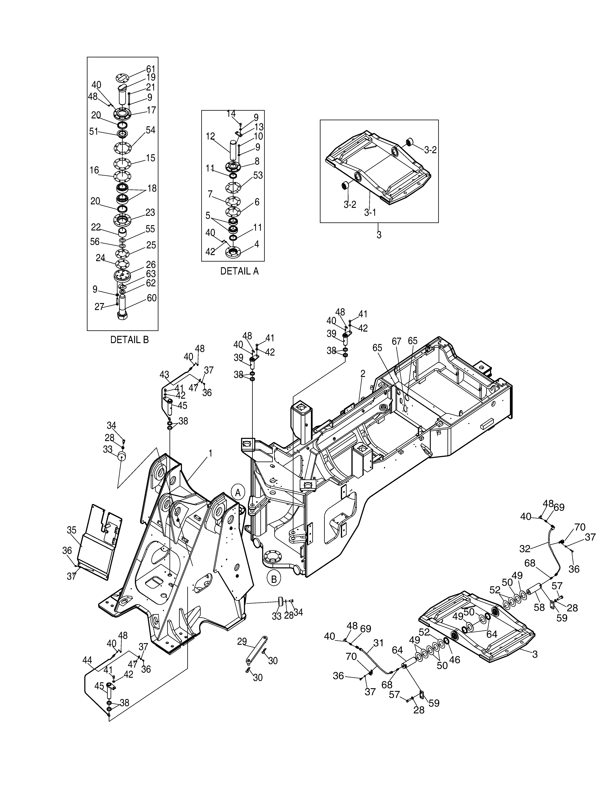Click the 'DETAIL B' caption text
click(x=129, y=340)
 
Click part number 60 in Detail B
click(x=151, y=298)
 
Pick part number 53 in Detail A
click(x=258, y=175)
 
